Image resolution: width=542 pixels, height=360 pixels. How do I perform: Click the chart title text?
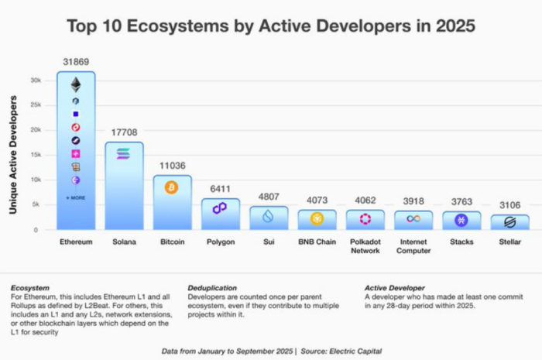click(270, 26)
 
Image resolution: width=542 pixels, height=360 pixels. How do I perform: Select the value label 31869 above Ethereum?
click(75, 61)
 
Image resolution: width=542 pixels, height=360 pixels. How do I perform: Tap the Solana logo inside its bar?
click(123, 154)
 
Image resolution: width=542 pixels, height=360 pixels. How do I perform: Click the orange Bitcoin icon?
click(172, 187)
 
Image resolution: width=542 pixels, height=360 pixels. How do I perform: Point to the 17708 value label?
click(123, 132)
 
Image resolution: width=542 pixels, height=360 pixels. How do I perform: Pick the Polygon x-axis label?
click(220, 242)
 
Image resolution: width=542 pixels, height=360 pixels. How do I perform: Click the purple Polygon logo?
click(220, 208)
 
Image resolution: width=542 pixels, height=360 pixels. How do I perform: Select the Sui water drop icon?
click(268, 217)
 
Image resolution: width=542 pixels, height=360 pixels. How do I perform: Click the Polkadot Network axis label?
click(365, 246)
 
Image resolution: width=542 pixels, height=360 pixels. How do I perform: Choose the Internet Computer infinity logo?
click(413, 220)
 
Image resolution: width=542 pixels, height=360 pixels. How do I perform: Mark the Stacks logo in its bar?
click(461, 221)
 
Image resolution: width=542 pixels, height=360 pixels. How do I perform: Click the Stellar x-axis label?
click(509, 242)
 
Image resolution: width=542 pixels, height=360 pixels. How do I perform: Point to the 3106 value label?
click(509, 204)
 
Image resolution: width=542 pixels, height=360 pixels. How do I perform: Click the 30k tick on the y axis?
click(36, 80)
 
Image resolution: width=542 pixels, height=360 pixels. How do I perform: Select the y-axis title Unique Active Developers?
click(13, 155)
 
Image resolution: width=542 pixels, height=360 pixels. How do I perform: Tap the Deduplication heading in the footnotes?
click(212, 288)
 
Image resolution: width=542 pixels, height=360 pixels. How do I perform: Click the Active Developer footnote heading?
click(395, 288)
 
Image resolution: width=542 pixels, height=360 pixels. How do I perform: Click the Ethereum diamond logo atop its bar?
click(75, 84)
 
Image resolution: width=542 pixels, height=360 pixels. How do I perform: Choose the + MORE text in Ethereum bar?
click(75, 197)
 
